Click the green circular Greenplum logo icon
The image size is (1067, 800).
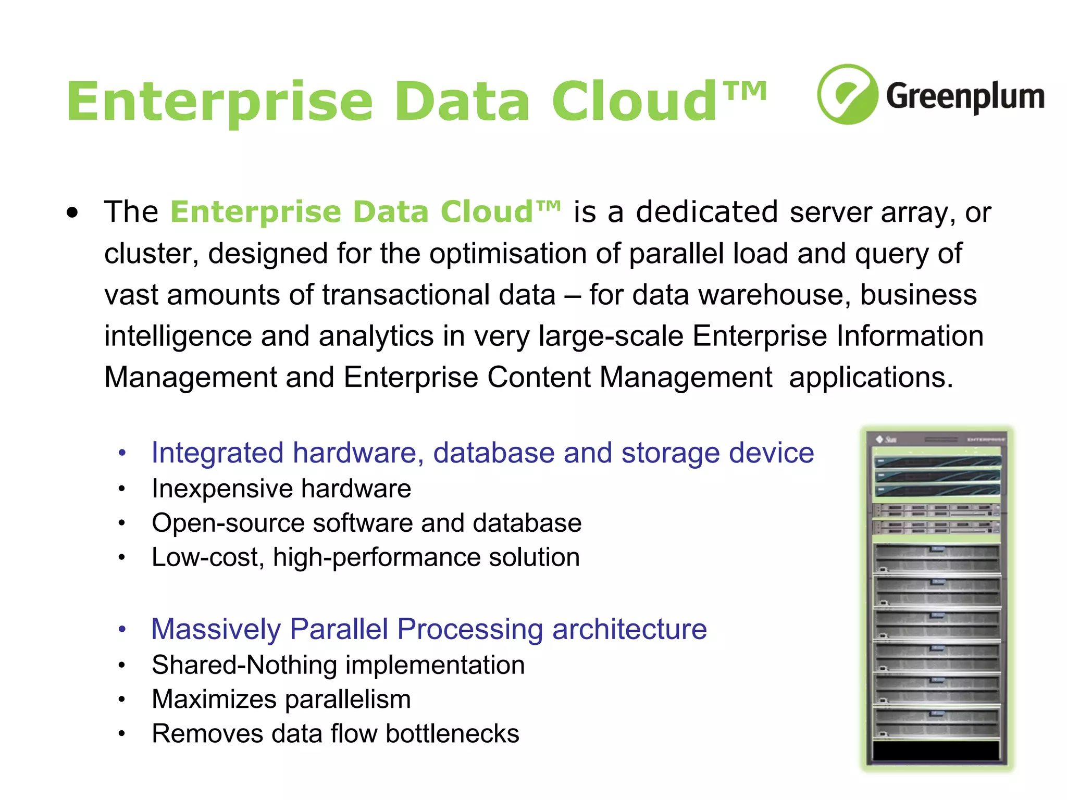(848, 94)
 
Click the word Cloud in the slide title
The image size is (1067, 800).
(635, 102)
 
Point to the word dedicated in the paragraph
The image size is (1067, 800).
(707, 212)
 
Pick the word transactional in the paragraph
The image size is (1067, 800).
(439, 295)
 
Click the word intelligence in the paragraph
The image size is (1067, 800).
(178, 336)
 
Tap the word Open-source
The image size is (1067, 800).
(227, 523)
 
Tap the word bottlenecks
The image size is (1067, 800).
(452, 734)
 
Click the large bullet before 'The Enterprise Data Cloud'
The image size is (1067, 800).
(72, 213)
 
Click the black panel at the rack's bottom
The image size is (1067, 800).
(936, 751)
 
